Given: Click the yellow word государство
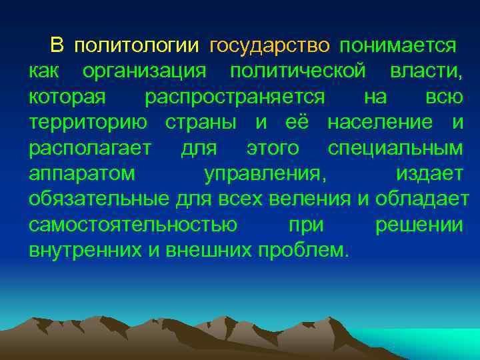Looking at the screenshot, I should (x=269, y=46).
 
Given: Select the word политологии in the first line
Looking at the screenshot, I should (x=137, y=46).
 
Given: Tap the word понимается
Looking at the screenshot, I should (x=398, y=46).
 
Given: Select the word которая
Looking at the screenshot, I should (x=67, y=97).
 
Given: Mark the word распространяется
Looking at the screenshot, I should (x=235, y=97).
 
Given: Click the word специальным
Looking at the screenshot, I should (x=399, y=148).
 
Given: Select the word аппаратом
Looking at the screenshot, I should (x=82, y=174).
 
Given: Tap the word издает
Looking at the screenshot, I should (x=429, y=174).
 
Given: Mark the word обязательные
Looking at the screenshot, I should (x=99, y=199).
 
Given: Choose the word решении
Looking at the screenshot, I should (x=419, y=225).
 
